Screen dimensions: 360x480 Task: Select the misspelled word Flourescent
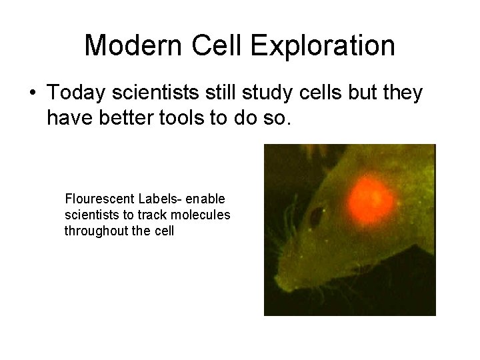[x=99, y=199]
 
